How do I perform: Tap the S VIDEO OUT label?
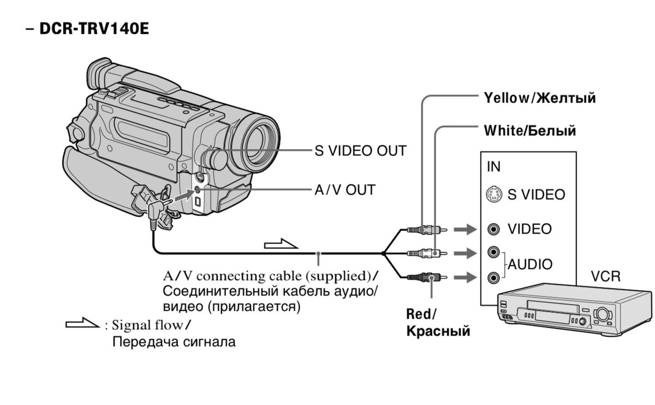tap(360, 150)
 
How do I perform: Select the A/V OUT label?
tap(344, 190)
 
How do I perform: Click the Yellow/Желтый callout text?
tap(539, 98)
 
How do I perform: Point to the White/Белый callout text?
tap(530, 131)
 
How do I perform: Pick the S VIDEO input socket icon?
tap(493, 194)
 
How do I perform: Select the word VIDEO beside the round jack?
tap(529, 229)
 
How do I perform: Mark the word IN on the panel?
tap(493, 167)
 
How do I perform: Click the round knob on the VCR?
tap(603, 314)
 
